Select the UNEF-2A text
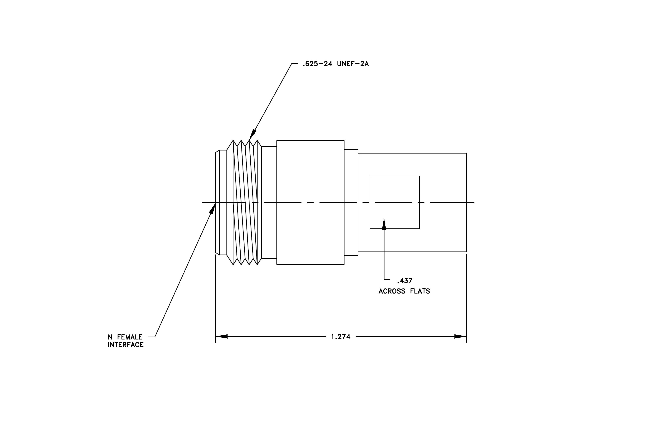[x=353, y=64]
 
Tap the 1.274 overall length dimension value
[x=341, y=337]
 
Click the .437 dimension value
[x=405, y=281]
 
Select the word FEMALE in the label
[x=130, y=337]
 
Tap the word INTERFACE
[x=126, y=345]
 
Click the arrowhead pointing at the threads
[x=253, y=134]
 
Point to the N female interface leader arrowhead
[x=213, y=208]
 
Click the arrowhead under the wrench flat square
[x=384, y=224]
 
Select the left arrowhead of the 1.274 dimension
[x=222, y=337]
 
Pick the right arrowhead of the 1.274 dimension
[x=460, y=337]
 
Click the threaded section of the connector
[x=244, y=203]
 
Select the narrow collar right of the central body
[x=351, y=203]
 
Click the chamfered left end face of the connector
[x=217, y=203]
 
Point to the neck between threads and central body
[x=269, y=203]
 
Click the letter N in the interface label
[x=110, y=337]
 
